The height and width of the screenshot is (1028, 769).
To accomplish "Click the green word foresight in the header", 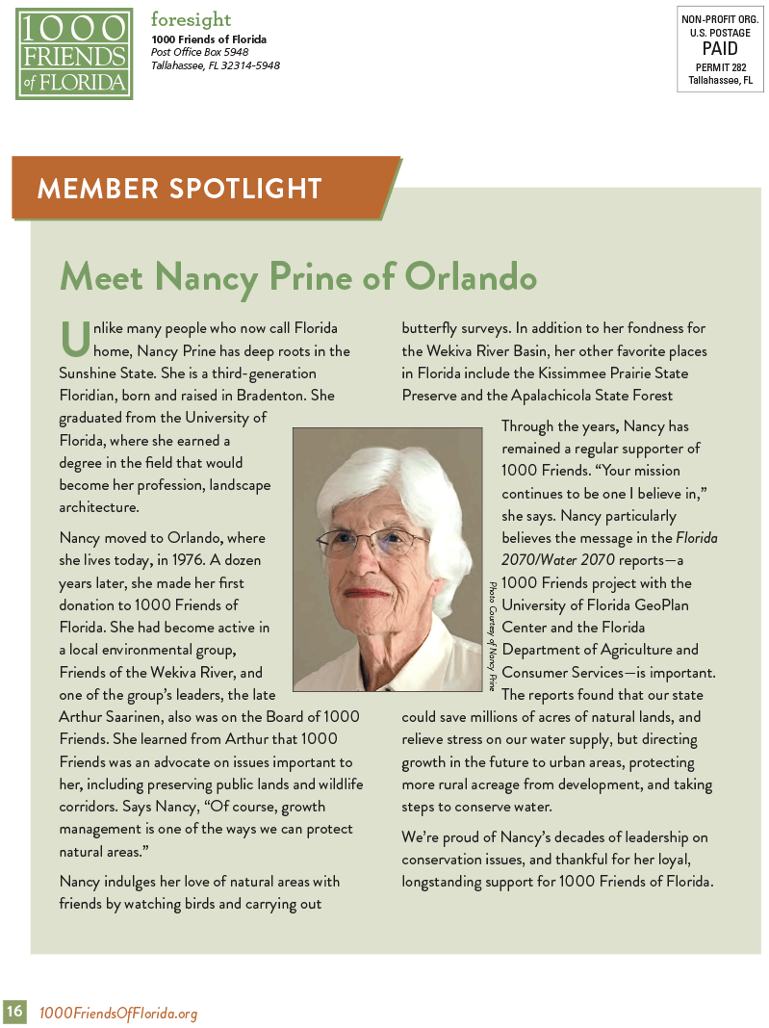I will click(x=191, y=19).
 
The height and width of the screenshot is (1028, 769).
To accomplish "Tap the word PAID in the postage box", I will click(x=720, y=48).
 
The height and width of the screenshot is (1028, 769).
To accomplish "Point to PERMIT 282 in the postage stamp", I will click(x=720, y=66).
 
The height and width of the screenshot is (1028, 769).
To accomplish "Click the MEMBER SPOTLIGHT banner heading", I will click(x=179, y=188).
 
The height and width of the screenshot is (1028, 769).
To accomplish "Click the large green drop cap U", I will click(x=74, y=338).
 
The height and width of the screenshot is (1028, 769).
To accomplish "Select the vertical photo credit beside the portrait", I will click(x=492, y=635).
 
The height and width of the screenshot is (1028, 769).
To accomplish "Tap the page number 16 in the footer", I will click(x=14, y=1012).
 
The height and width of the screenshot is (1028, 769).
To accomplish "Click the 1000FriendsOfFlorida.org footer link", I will click(x=118, y=1013).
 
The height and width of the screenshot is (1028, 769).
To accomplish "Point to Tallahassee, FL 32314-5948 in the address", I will click(x=216, y=65).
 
